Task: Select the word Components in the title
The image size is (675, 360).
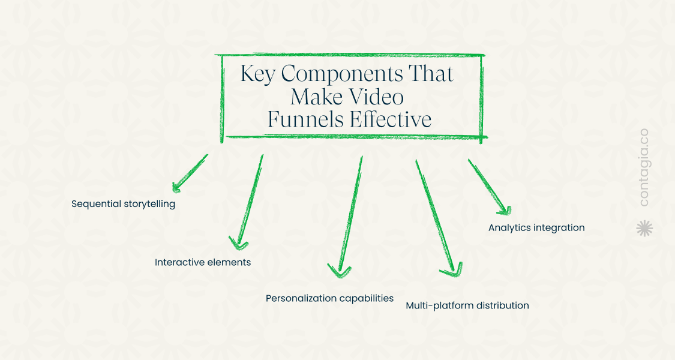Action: point(338,74)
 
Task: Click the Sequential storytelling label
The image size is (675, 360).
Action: point(123,204)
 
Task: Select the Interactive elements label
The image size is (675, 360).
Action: point(203,262)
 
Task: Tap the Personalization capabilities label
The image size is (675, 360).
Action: point(329,298)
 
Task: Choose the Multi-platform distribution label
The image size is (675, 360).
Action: point(467,305)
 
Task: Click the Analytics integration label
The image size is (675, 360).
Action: point(536,228)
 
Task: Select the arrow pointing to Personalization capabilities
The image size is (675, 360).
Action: point(350,216)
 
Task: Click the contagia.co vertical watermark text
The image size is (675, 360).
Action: point(644,167)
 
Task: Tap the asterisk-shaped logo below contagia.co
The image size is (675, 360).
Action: point(644,228)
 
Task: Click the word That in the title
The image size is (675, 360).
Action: point(430,74)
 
